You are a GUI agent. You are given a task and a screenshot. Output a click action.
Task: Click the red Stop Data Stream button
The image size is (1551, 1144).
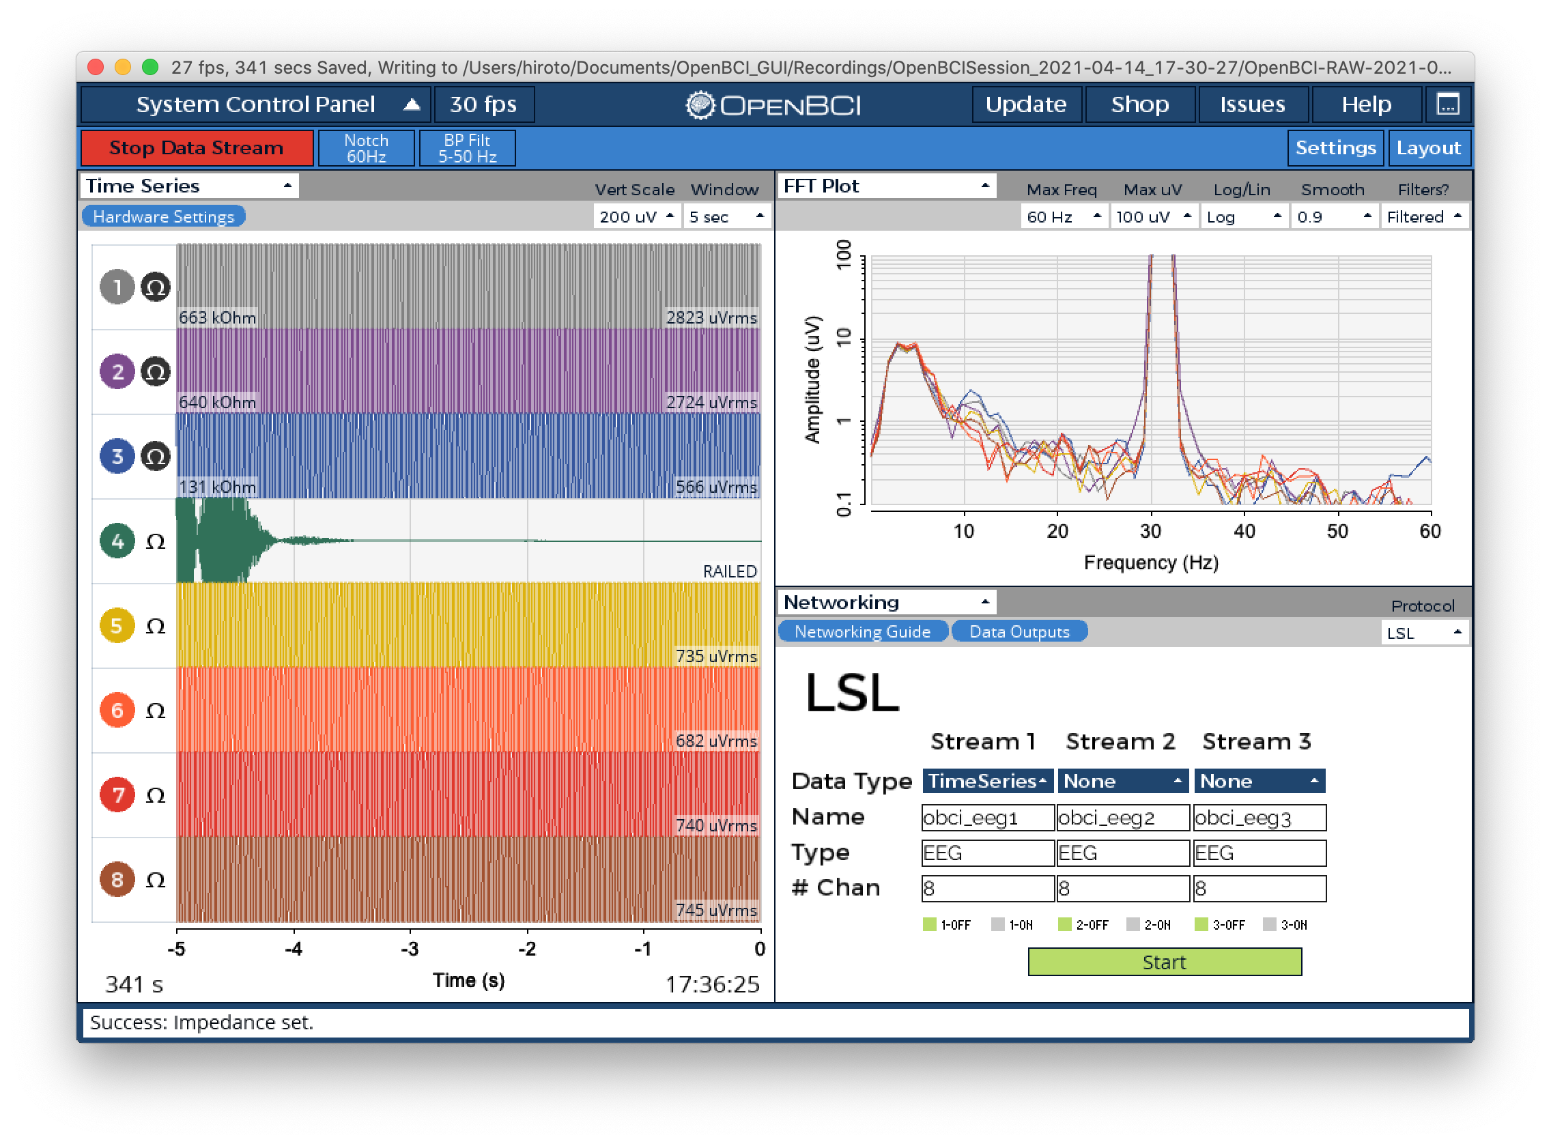click(x=197, y=148)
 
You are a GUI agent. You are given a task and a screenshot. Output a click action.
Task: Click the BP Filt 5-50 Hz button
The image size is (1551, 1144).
click(x=468, y=148)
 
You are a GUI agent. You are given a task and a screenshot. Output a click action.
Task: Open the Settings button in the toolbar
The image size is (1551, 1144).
click(x=1335, y=148)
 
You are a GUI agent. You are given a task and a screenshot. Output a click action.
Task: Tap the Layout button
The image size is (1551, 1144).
click(x=1428, y=148)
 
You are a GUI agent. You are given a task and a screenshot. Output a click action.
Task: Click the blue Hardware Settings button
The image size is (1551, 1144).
click(x=163, y=217)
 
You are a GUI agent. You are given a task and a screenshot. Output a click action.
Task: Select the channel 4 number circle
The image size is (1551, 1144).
click(x=117, y=541)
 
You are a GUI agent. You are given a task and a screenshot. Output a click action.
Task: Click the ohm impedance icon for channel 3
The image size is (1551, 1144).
click(x=156, y=457)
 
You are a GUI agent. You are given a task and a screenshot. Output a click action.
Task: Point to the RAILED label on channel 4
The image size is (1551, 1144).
click(x=730, y=571)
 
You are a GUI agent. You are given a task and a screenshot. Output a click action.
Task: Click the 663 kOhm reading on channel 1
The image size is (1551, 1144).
click(x=217, y=318)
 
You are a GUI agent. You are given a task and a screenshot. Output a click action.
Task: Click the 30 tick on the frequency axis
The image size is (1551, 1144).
click(x=1151, y=531)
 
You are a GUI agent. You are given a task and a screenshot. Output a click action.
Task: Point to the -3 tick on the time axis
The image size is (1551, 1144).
click(x=410, y=949)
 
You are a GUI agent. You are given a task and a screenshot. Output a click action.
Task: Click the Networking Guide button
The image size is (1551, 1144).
click(x=862, y=631)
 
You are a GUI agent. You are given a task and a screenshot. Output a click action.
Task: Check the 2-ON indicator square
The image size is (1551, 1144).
click(x=1133, y=924)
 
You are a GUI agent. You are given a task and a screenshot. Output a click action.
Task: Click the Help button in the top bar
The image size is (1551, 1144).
click(x=1366, y=104)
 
